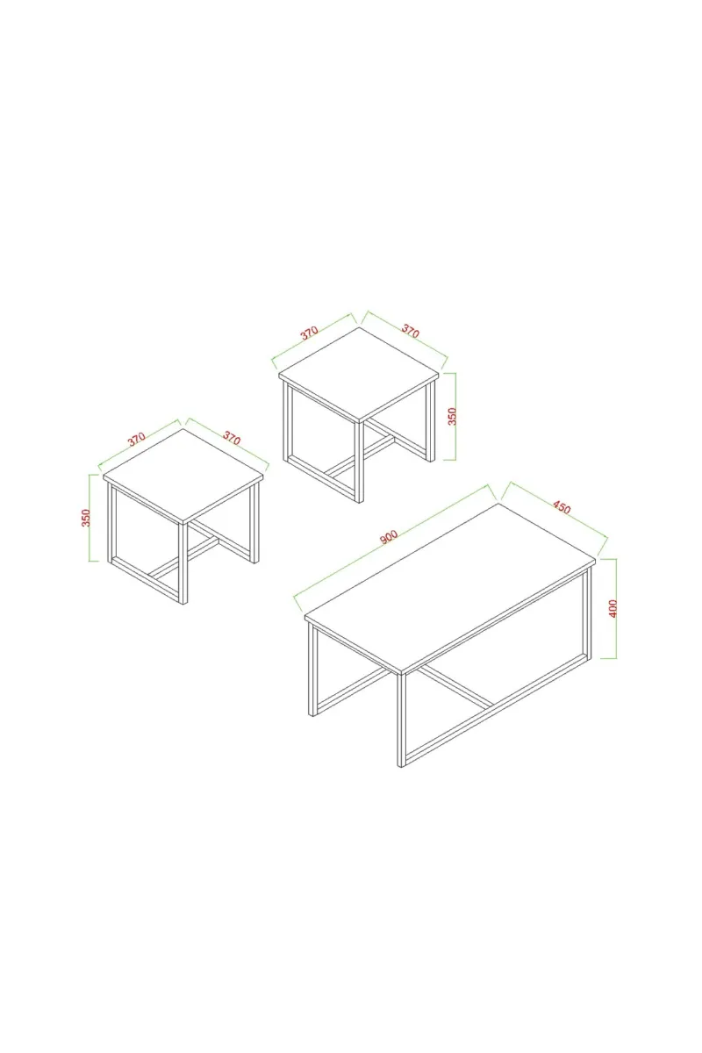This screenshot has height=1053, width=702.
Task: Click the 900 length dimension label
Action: click(389, 537)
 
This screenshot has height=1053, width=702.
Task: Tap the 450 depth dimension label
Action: click(562, 508)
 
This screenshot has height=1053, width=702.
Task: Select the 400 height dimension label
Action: click(612, 609)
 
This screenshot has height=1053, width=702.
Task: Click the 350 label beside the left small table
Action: click(86, 518)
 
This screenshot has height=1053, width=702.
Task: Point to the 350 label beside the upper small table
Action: click(452, 417)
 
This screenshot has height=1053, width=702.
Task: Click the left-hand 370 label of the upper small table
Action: click(310, 333)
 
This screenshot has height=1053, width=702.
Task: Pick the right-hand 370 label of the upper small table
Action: click(410, 332)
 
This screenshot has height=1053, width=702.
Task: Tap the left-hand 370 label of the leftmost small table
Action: click(136, 439)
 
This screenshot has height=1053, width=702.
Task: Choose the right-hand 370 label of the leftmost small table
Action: click(232, 438)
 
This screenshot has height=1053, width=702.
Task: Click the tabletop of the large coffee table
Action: click(450, 588)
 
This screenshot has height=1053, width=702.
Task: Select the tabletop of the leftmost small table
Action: click(183, 476)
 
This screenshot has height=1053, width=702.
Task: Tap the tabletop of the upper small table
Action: click(359, 375)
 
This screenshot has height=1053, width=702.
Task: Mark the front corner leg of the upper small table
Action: click(359, 462)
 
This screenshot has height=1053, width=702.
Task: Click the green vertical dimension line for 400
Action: click(616, 608)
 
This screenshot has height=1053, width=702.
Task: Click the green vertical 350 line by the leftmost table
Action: click(90, 518)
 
